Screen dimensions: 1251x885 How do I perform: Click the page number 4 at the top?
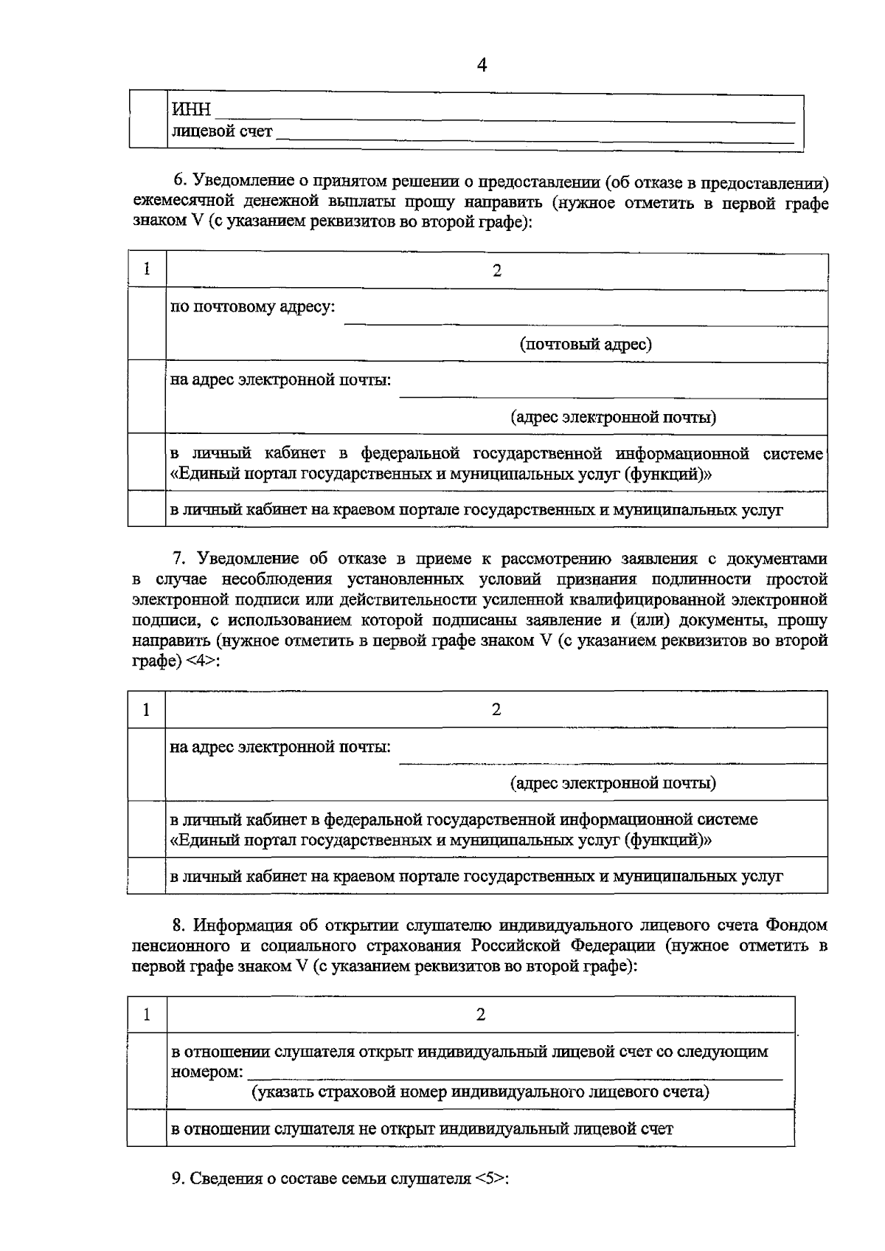tap(482, 66)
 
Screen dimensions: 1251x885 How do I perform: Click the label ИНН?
tap(191, 111)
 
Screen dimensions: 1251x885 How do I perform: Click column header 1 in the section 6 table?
tap(147, 270)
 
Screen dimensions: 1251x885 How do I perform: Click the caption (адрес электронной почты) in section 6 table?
tap(613, 418)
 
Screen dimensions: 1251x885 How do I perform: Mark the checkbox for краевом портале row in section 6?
tap(147, 509)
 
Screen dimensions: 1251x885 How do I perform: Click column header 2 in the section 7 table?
tap(496, 709)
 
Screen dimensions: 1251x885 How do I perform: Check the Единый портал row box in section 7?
tap(147, 830)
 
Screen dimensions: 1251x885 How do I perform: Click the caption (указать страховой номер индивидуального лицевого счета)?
tap(480, 1092)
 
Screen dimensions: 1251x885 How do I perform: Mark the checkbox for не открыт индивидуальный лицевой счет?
tap(147, 1128)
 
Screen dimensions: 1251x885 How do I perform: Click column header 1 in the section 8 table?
tap(147, 1015)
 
